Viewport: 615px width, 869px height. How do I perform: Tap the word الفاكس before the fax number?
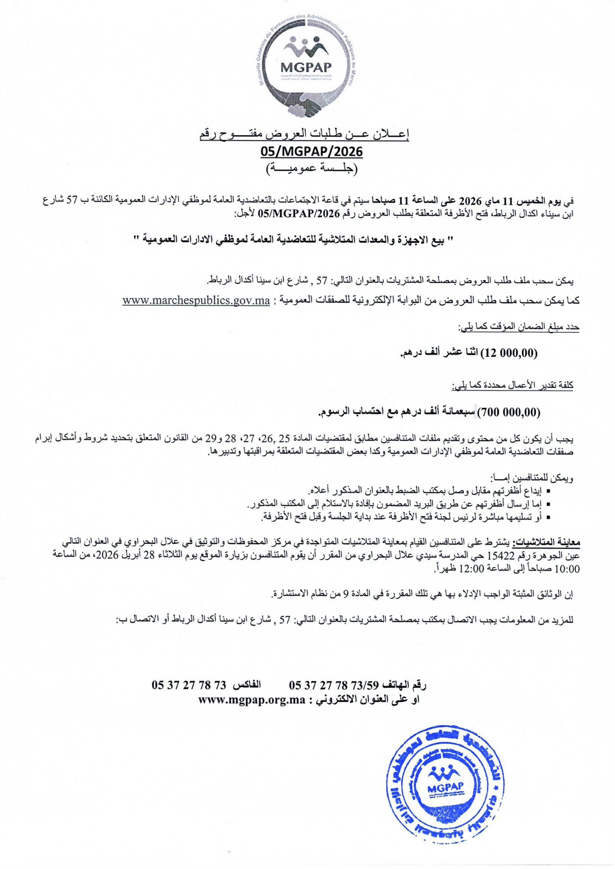pyautogui.click(x=248, y=685)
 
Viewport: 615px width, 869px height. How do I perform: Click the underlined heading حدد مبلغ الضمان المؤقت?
pyautogui.click(x=519, y=327)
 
